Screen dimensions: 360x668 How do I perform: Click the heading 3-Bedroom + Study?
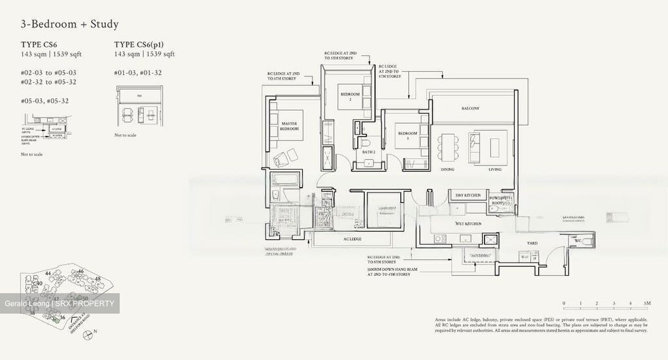70,24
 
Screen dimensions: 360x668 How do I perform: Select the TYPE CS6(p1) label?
139,45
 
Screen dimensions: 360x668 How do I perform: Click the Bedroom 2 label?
350,96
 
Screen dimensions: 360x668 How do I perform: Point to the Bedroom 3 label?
408,135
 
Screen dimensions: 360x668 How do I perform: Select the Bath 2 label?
369,152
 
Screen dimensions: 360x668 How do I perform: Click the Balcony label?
470,108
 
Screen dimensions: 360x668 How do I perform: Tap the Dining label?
447,169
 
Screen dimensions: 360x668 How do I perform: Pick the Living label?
495,169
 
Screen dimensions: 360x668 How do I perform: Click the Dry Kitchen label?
468,195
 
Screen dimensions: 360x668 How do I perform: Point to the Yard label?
532,243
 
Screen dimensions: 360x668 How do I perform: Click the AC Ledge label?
352,239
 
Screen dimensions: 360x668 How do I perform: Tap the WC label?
577,241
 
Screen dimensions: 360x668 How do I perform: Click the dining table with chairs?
448,147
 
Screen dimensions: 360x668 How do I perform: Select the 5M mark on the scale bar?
648,303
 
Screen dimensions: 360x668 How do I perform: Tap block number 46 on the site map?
81,271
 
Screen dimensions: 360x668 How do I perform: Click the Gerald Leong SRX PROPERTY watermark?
59,303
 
